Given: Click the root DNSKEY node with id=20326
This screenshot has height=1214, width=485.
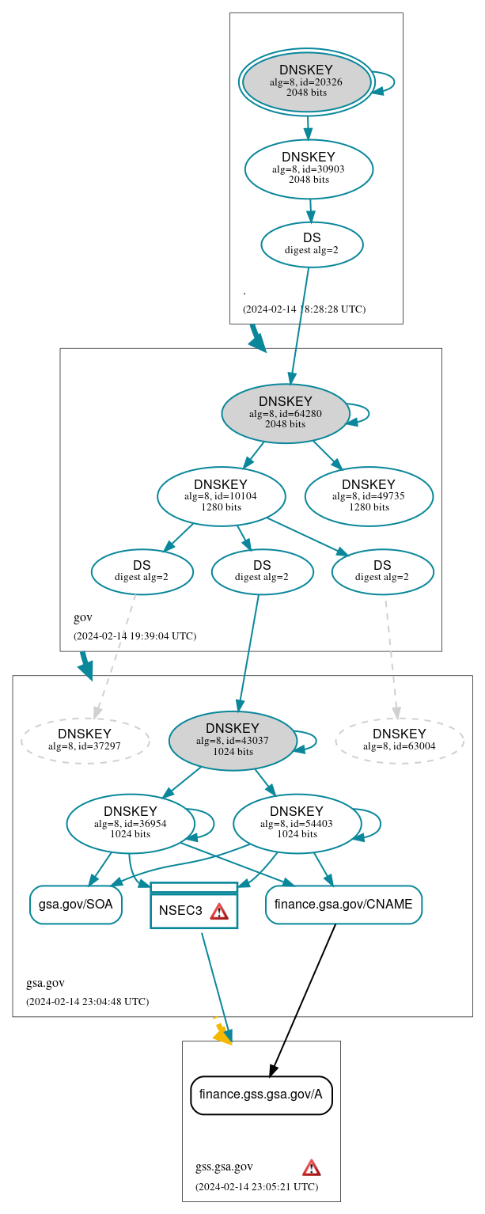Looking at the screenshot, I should [x=306, y=82].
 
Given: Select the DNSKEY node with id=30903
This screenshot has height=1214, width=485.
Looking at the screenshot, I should [x=309, y=169].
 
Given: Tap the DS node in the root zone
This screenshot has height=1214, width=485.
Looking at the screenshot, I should [x=312, y=244].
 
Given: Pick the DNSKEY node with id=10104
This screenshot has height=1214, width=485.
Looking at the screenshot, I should [x=221, y=496].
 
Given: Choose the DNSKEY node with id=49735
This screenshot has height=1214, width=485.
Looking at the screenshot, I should [x=369, y=496].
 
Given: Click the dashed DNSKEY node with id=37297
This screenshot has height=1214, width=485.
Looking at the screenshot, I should [x=85, y=741].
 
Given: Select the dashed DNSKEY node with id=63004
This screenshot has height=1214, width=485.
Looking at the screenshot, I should [x=400, y=741].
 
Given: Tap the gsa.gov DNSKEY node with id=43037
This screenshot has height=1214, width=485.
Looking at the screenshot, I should [x=233, y=741].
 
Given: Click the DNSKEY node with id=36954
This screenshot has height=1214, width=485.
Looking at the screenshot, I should [x=131, y=823].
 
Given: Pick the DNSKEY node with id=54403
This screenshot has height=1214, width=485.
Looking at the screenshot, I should [x=297, y=823].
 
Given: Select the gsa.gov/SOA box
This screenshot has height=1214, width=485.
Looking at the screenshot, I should [x=76, y=905].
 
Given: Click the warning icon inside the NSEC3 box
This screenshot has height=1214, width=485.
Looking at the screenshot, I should [x=219, y=911].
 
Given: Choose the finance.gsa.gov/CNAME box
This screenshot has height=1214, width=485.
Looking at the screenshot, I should [x=343, y=905].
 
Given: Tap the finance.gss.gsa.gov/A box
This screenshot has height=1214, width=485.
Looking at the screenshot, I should [x=261, y=1095].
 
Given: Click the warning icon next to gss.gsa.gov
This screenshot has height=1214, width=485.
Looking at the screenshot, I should [x=312, y=1167].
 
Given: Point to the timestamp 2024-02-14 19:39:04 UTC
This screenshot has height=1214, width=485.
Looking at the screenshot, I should [x=135, y=635].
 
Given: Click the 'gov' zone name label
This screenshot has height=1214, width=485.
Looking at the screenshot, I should [x=83, y=617].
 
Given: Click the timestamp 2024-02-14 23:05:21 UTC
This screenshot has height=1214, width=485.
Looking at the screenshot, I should [x=256, y=1186].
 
